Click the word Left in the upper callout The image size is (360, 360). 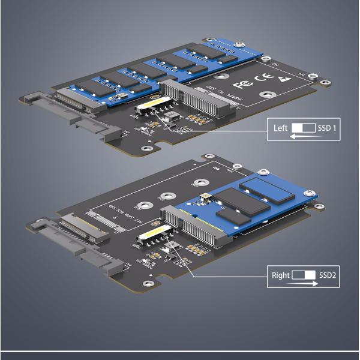tap(281, 128)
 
